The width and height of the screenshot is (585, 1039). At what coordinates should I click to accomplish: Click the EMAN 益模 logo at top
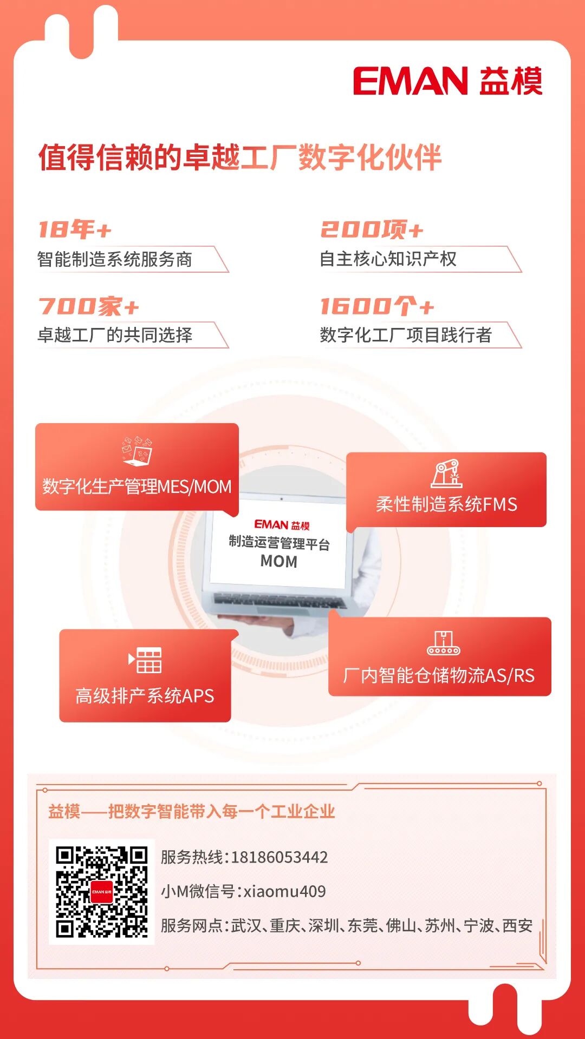(x=447, y=81)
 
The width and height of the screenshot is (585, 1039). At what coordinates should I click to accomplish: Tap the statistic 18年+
(x=75, y=229)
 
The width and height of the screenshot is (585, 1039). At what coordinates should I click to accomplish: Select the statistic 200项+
(x=372, y=229)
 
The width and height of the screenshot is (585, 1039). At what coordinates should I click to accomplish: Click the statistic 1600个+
(x=377, y=306)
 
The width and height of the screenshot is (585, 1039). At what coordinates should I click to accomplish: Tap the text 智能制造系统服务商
(x=115, y=259)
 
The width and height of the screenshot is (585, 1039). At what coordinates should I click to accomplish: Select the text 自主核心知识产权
(x=388, y=259)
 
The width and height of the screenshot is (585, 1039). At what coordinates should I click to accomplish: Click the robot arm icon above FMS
(x=446, y=474)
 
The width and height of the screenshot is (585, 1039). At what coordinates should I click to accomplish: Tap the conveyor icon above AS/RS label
(x=443, y=643)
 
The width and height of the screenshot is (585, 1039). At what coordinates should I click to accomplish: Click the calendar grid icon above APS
(x=145, y=660)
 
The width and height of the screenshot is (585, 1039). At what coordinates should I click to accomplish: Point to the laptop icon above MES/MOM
(x=137, y=451)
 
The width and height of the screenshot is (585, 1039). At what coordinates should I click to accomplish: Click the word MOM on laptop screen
(x=279, y=562)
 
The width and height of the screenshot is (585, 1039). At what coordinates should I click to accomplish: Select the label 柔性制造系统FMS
(x=446, y=504)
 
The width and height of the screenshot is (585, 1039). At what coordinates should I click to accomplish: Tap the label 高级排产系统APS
(x=145, y=695)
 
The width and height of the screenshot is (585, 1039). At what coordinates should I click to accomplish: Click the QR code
(x=102, y=892)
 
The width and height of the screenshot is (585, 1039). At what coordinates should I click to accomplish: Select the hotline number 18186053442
(x=279, y=857)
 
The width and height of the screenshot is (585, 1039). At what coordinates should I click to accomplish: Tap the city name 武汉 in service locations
(x=246, y=925)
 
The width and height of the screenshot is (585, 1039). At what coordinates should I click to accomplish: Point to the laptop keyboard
(x=279, y=601)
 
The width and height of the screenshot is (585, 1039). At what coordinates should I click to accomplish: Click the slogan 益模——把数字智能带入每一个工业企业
(x=192, y=811)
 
